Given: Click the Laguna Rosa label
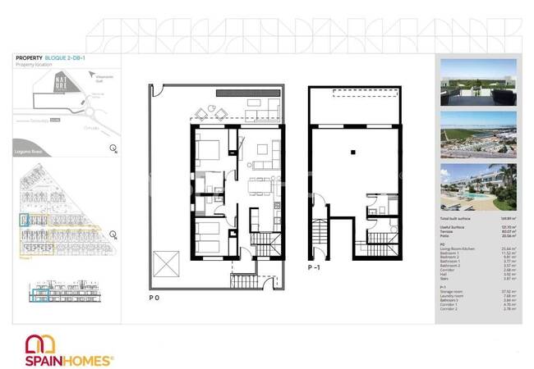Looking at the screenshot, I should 30,149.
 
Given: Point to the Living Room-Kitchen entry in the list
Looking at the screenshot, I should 460,248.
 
